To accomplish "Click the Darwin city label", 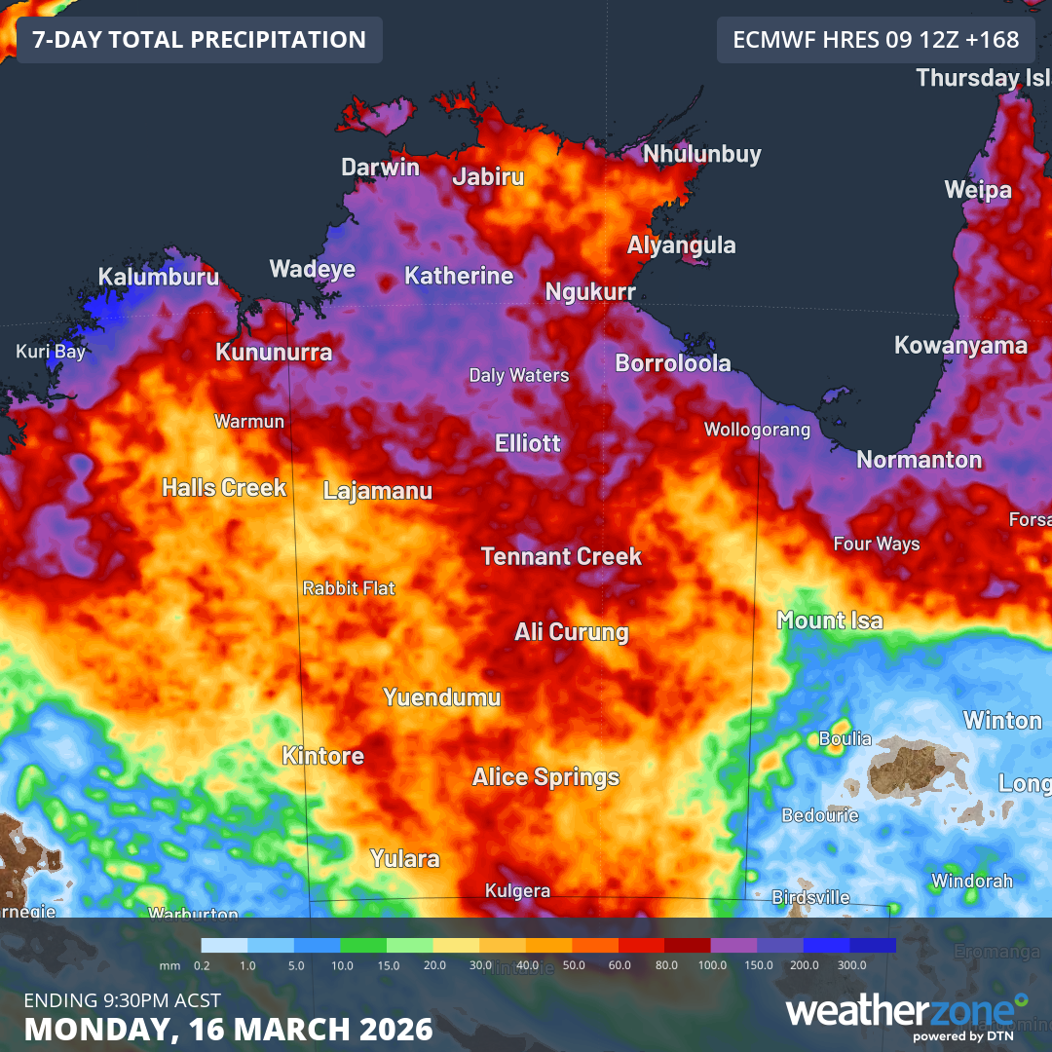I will click(x=380, y=168).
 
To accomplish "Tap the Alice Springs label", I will click(x=545, y=777).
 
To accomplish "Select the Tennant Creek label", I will click(x=561, y=557).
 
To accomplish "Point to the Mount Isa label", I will click(x=829, y=620).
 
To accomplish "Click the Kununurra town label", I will click(x=274, y=353).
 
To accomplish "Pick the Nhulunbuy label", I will click(x=701, y=154).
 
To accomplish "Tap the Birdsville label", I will click(x=810, y=897).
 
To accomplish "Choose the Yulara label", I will click(x=404, y=859).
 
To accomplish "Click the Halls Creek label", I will click(x=224, y=487).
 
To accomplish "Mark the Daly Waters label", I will click(x=518, y=375).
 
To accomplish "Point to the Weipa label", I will click(x=978, y=190).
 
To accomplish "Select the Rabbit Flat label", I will click(x=349, y=588).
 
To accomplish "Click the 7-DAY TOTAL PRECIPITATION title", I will click(x=199, y=40).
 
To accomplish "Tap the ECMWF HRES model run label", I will click(x=876, y=40).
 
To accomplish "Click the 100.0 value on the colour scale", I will click(x=712, y=964).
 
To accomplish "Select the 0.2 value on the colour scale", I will click(x=203, y=964).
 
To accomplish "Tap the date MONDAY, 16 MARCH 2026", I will click(x=228, y=1029).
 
